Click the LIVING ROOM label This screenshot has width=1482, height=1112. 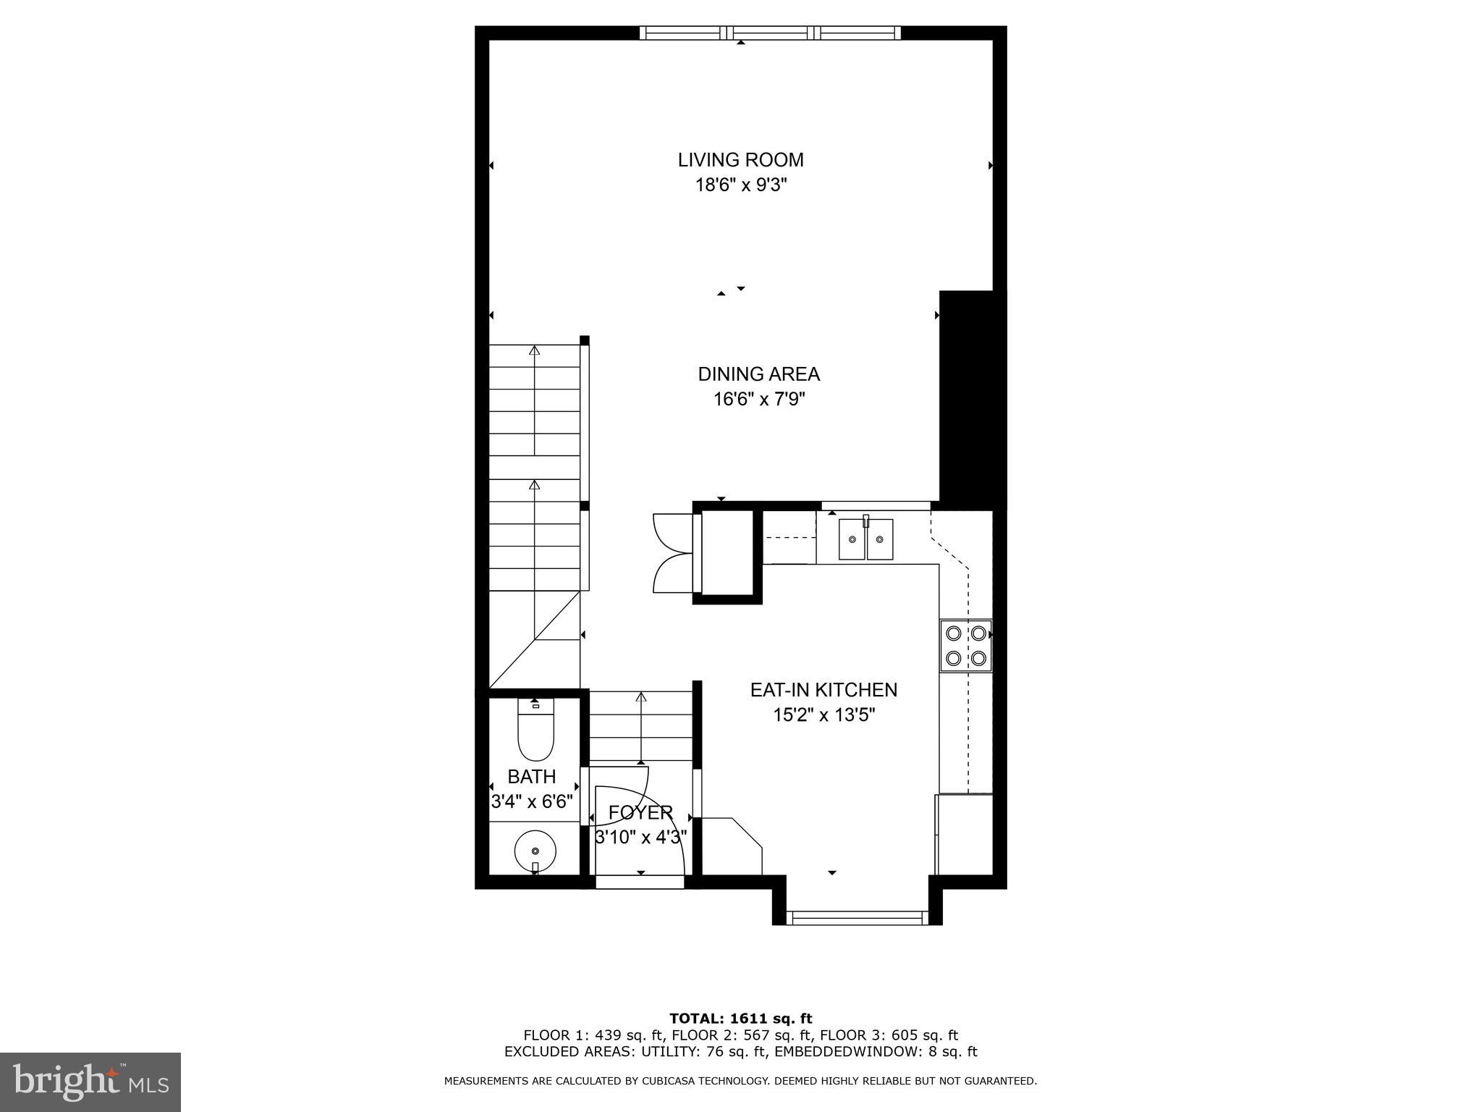(x=740, y=160)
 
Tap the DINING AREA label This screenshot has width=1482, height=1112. (x=758, y=374)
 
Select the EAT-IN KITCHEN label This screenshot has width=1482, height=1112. (x=823, y=690)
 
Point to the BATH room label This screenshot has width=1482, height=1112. (x=532, y=777)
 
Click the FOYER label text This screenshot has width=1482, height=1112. (x=640, y=813)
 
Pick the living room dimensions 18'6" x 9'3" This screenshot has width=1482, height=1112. (x=740, y=185)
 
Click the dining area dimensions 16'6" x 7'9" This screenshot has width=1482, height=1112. (x=758, y=399)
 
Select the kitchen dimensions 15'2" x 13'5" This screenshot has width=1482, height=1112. (x=823, y=715)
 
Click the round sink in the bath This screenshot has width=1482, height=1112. (x=535, y=849)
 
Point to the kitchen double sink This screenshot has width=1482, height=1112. (x=865, y=539)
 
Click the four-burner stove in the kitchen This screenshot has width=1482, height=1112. (x=965, y=645)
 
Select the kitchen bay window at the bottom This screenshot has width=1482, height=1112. (x=857, y=918)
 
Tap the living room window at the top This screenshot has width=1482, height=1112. (x=771, y=33)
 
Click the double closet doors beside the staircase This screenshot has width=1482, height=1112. (x=673, y=553)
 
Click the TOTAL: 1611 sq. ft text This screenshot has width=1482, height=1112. (x=740, y=1019)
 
